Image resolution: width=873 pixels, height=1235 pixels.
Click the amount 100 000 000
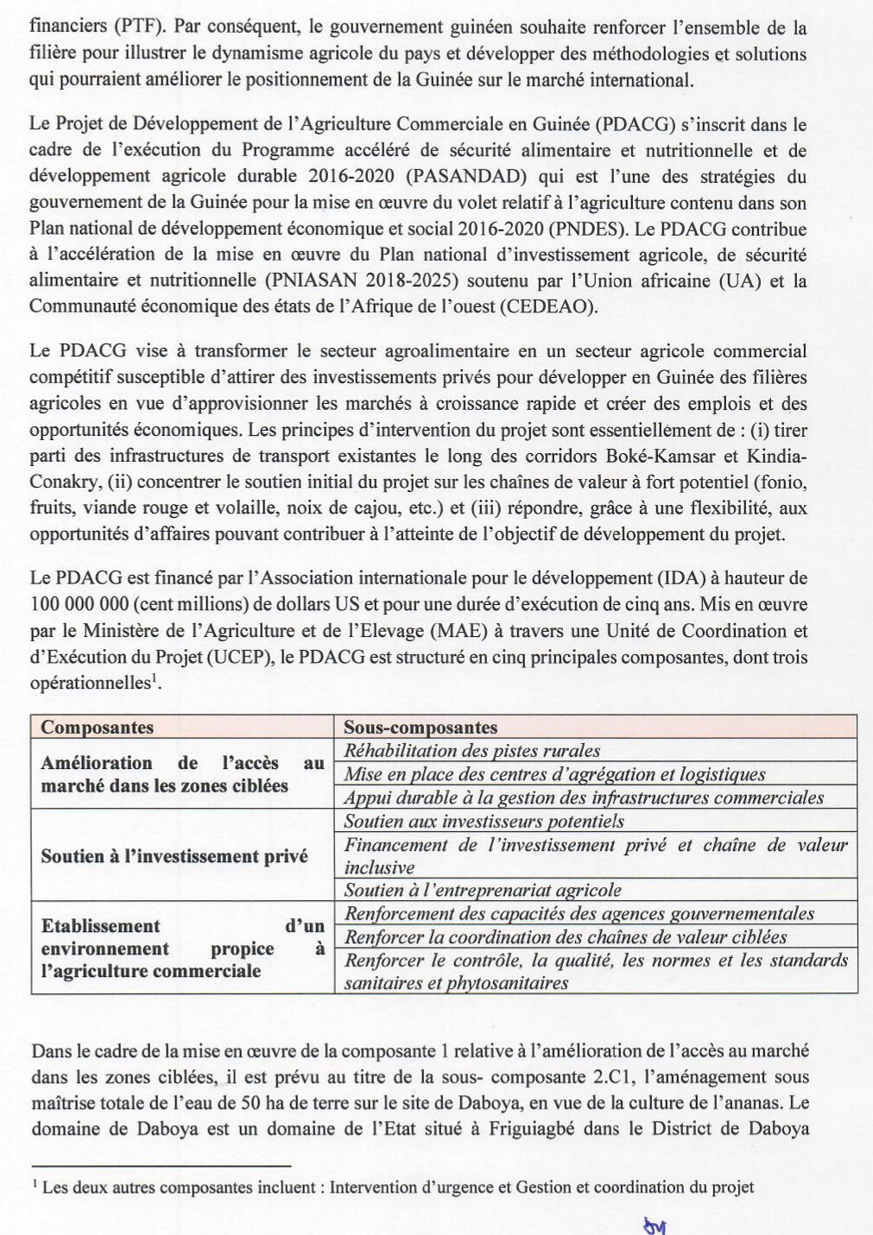(79, 604)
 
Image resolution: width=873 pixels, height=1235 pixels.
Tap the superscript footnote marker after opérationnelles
(155, 677)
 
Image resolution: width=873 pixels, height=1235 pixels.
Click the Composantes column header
(97, 728)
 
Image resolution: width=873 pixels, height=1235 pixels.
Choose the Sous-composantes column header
(420, 728)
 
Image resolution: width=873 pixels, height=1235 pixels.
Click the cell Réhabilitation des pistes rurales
(471, 751)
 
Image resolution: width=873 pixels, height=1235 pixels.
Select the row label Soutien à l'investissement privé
(174, 856)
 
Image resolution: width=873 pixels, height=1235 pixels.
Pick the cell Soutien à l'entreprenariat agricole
(482, 890)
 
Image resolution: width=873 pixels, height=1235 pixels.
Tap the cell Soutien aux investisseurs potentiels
(484, 821)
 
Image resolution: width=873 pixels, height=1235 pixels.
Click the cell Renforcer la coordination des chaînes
(566, 936)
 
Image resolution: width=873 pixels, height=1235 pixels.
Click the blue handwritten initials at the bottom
(655, 1225)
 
